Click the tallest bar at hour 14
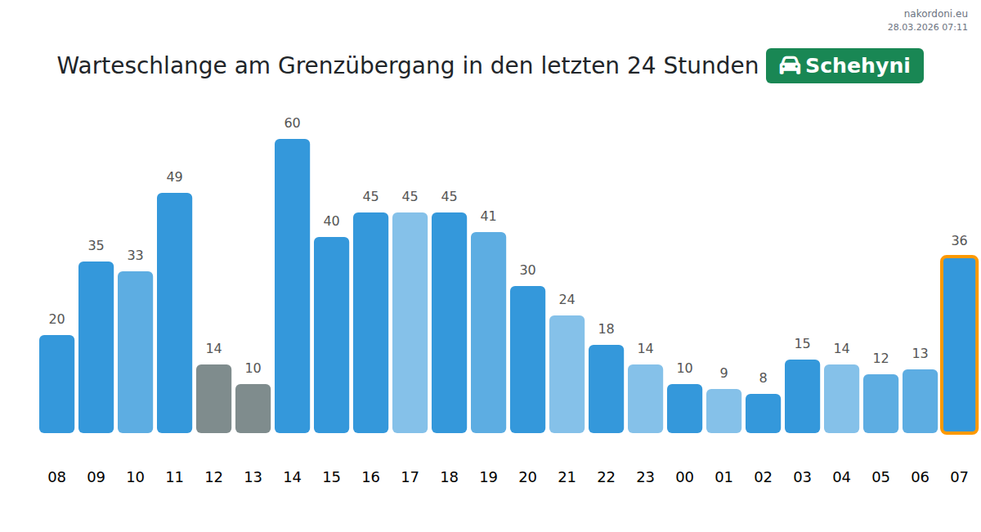(x=292, y=286)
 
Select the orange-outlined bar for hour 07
(x=959, y=345)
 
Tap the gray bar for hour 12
(x=213, y=399)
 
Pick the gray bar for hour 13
(x=253, y=409)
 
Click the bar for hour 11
(x=174, y=313)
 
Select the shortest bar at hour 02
(x=763, y=414)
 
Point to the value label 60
(x=292, y=123)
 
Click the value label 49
(x=174, y=177)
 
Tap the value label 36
(x=959, y=241)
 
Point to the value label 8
(x=763, y=378)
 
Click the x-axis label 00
(x=684, y=477)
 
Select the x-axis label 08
(x=56, y=477)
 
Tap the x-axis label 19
(x=488, y=477)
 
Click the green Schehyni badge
(x=844, y=66)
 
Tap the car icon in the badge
(x=790, y=66)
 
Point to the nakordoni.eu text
(x=935, y=14)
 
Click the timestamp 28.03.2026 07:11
(x=927, y=27)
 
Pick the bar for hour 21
(x=567, y=374)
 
